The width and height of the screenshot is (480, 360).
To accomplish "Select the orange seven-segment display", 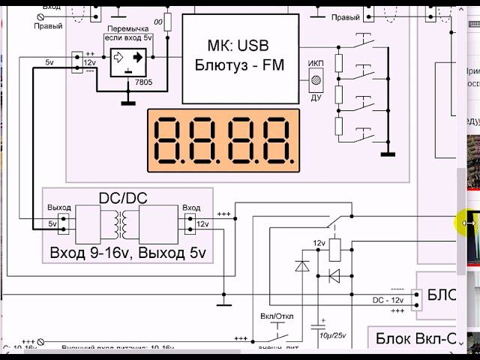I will click(223, 139).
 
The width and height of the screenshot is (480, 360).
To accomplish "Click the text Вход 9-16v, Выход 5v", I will click(127, 252).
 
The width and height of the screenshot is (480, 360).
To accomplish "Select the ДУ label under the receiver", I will click(316, 97).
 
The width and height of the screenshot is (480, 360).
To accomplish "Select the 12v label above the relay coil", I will click(319, 243).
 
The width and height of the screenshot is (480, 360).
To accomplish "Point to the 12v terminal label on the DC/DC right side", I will click(202, 223).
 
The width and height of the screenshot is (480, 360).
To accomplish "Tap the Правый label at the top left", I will click(48, 25).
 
